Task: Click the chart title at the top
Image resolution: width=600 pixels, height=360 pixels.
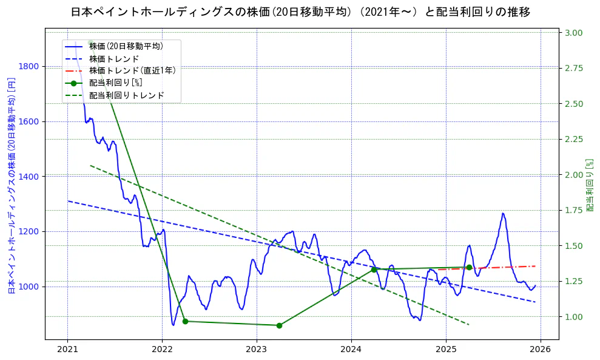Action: click(x=300, y=12)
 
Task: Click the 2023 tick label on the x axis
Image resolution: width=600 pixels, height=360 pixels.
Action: click(x=257, y=349)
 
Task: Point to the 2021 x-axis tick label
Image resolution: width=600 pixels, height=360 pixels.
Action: click(x=67, y=349)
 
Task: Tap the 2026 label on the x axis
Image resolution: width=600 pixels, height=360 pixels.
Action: click(x=541, y=349)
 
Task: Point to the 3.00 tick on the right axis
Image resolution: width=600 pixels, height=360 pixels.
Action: click(x=575, y=33)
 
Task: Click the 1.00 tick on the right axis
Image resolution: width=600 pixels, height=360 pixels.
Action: click(x=575, y=317)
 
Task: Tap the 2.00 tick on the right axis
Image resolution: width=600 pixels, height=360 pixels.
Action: click(x=575, y=175)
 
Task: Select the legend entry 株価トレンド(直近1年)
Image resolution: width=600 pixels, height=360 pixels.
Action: click(x=132, y=70)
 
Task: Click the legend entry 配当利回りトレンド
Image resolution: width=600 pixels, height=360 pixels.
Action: click(x=127, y=95)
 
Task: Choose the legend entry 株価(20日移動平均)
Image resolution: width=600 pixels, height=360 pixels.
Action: click(x=126, y=46)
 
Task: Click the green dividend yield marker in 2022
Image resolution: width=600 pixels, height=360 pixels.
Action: click(x=185, y=321)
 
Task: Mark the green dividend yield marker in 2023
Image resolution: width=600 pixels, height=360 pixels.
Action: click(x=279, y=325)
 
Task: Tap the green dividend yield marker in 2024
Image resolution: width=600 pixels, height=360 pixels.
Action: click(x=374, y=270)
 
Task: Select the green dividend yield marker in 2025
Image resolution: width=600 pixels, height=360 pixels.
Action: click(x=469, y=267)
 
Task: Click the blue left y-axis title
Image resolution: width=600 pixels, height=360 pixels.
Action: click(x=12, y=185)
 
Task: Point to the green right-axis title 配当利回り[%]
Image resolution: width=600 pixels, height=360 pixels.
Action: click(x=590, y=185)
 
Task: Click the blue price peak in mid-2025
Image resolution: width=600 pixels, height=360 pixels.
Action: click(x=503, y=213)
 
